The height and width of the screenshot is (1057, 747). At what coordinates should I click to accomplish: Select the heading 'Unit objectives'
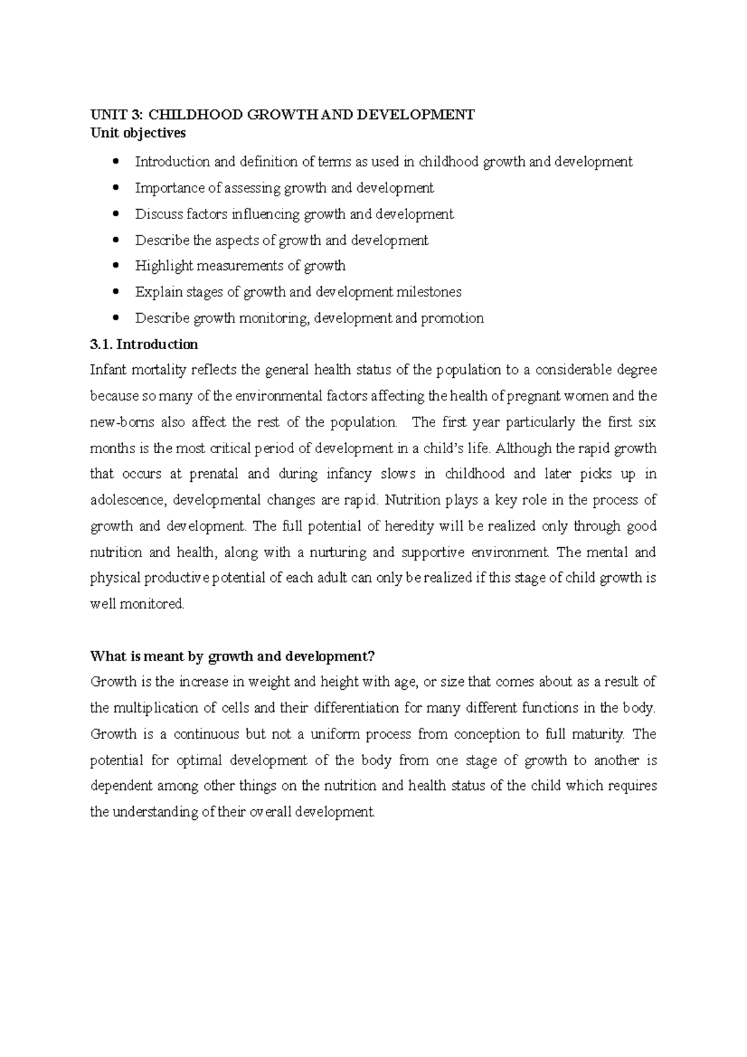[x=138, y=133]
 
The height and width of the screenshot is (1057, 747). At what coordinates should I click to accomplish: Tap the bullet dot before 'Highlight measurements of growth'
[x=116, y=266]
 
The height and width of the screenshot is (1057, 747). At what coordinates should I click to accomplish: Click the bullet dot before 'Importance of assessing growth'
[x=116, y=188]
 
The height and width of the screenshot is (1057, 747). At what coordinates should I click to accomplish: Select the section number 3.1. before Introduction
[x=101, y=344]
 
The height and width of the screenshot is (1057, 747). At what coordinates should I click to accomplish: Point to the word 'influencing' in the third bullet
[x=266, y=214]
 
